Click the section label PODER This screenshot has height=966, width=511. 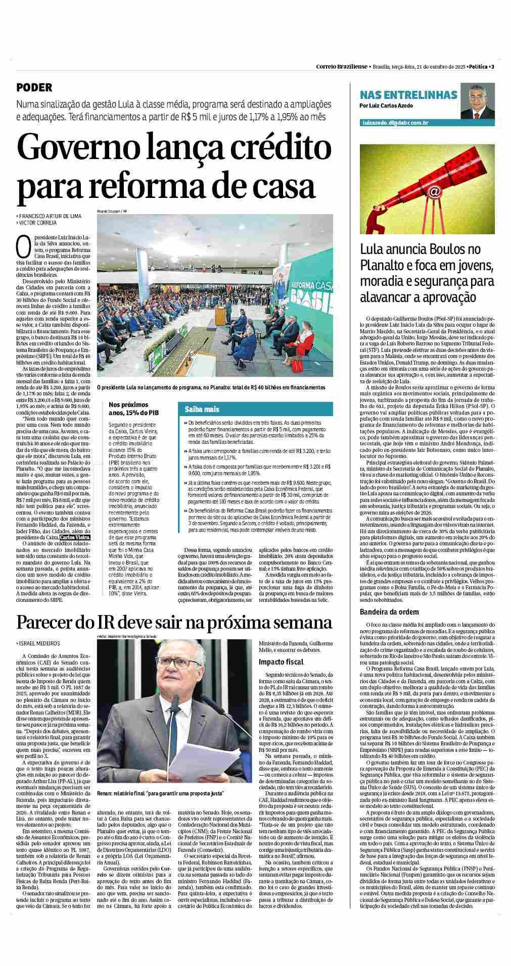pyautogui.click(x=34, y=87)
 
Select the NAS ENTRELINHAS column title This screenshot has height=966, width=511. pyautogui.click(x=408, y=95)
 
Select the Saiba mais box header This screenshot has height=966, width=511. pyautogui.click(x=202, y=409)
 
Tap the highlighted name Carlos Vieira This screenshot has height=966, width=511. pyautogui.click(x=75, y=538)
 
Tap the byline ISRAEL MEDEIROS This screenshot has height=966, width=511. pyautogui.click(x=38, y=643)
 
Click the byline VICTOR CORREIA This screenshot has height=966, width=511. pyautogui.click(x=37, y=223)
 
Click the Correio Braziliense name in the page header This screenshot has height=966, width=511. pyautogui.click(x=342, y=67)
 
